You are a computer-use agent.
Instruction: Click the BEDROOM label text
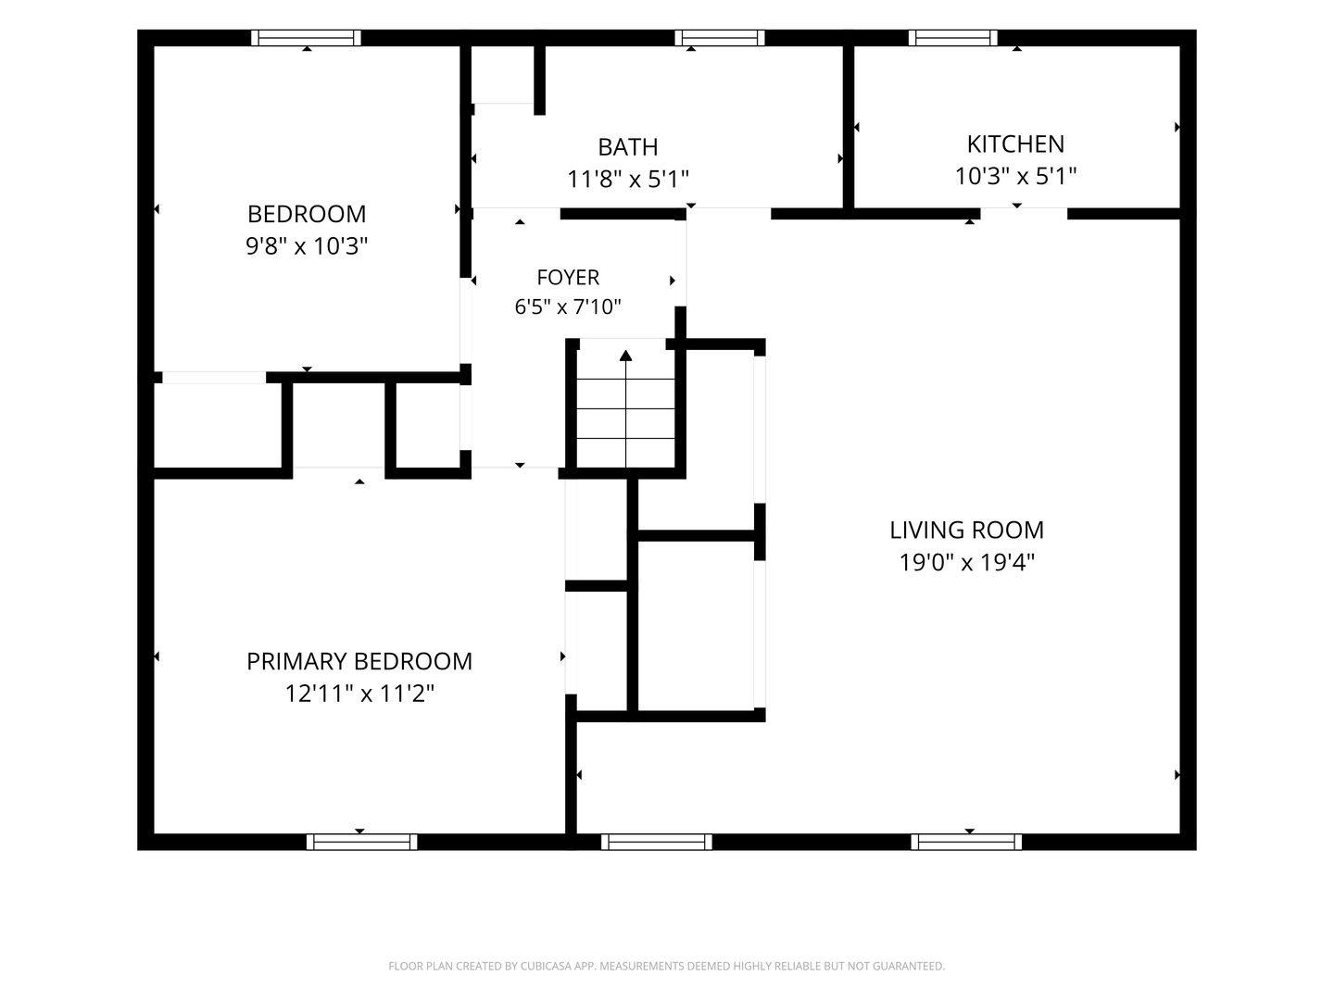coord(307,214)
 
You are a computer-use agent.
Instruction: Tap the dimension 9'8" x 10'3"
coord(307,246)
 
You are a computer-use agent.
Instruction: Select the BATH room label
coord(627,147)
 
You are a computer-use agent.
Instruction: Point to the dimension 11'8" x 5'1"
coord(627,179)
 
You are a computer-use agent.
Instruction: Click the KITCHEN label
coord(1015,144)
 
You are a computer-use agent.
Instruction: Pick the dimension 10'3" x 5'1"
coord(1015,176)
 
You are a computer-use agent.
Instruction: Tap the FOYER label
coord(568,277)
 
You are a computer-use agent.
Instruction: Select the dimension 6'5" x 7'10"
coord(568,306)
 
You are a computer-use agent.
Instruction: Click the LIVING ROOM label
coord(966,530)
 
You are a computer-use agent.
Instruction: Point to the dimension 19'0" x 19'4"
coord(966,562)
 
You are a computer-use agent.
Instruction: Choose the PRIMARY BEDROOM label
coord(359,661)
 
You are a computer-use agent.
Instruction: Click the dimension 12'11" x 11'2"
coord(359,694)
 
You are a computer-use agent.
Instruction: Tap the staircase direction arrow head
coord(625,356)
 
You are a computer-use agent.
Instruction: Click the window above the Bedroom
coord(307,38)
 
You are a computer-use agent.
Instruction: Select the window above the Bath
coord(720,38)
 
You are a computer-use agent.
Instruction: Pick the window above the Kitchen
coord(953,38)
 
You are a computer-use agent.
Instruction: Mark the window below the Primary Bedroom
coord(361,842)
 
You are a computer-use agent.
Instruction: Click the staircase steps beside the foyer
coord(625,408)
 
